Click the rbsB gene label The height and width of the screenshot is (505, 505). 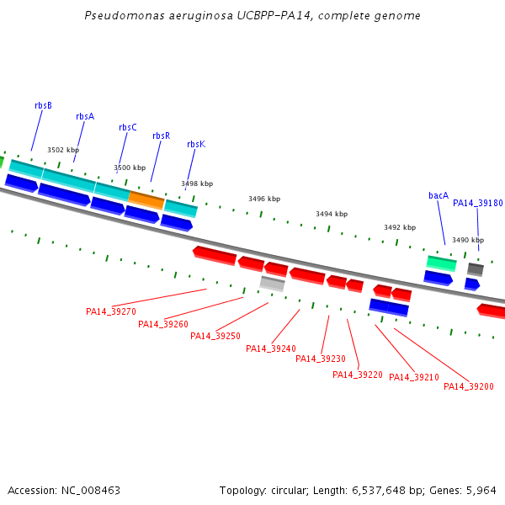pos(43,105)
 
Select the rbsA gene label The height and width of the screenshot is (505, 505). pos(85,116)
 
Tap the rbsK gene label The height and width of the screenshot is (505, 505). pos(196,144)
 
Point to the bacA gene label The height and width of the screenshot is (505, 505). pos(439,195)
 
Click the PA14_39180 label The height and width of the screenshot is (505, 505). pos(477,203)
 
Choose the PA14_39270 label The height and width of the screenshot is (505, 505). pos(111,311)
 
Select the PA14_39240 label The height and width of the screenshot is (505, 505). pos(271,348)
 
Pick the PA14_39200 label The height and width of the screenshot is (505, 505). pos(469,386)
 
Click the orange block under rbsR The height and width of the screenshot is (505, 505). pos(146,200)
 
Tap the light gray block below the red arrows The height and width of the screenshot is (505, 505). pos(272,284)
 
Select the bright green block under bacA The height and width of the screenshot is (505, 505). pos(442,263)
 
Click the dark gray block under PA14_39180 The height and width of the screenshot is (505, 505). pos(476,269)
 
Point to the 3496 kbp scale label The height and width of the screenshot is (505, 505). pos(264,199)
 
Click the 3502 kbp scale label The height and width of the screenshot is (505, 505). pos(63,150)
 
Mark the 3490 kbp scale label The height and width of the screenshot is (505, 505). pos(468,240)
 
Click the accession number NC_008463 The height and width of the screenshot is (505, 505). pos(91,491)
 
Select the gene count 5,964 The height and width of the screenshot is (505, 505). pos(481,491)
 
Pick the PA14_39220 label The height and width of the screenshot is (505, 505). pos(358,375)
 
